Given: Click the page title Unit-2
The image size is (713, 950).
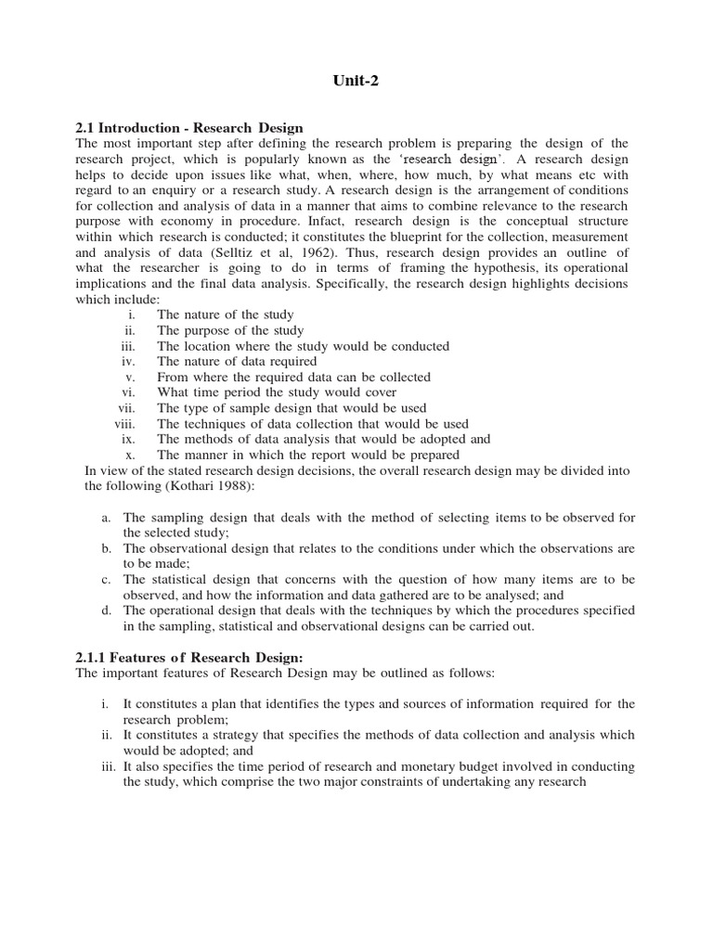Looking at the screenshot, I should click(356, 81).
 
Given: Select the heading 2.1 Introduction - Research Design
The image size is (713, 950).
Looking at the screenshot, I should click(189, 127).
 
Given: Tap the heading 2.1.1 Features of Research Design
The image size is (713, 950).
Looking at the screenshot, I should click(182, 657).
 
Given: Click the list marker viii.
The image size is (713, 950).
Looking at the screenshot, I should click(125, 423).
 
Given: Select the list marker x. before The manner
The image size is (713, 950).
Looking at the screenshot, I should click(131, 455).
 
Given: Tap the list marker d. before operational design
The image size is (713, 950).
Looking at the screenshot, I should click(107, 610).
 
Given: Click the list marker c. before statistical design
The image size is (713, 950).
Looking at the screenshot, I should click(107, 579).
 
